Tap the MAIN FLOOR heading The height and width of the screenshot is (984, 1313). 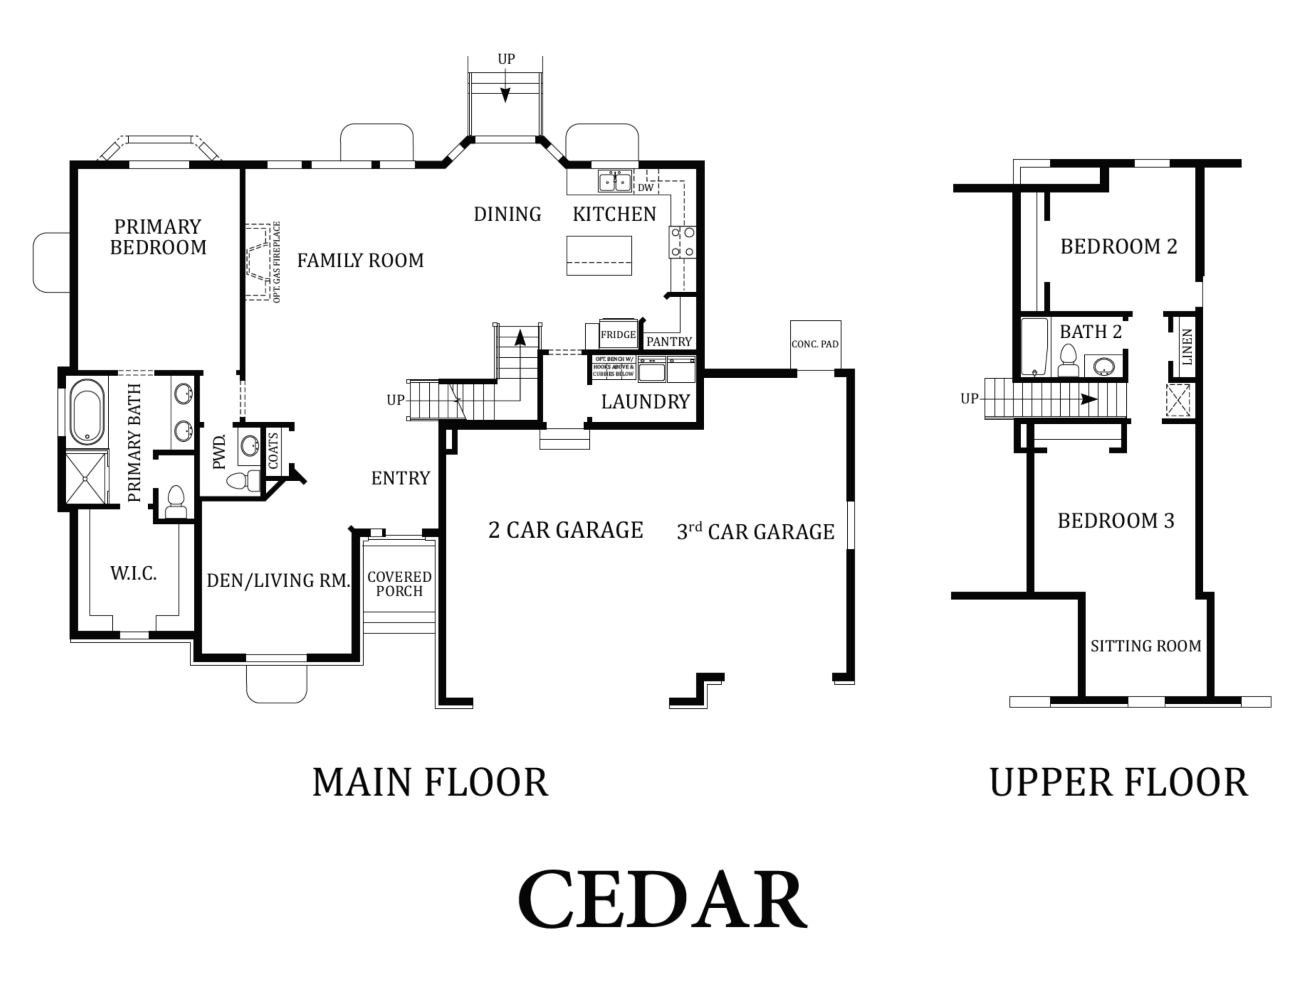pyautogui.click(x=430, y=783)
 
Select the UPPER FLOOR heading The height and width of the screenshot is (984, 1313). pyautogui.click(x=1118, y=783)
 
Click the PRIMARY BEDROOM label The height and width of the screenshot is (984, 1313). pyautogui.click(x=158, y=237)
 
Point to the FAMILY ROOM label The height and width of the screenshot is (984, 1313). pyautogui.click(x=360, y=260)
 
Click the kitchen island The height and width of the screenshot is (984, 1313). pyautogui.click(x=599, y=256)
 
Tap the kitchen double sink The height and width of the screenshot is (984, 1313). pyautogui.click(x=614, y=181)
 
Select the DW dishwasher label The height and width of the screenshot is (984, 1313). pyautogui.click(x=646, y=188)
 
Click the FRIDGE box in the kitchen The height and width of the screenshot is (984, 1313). pyautogui.click(x=618, y=335)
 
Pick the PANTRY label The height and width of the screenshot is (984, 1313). pyautogui.click(x=669, y=342)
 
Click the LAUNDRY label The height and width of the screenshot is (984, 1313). pyautogui.click(x=645, y=402)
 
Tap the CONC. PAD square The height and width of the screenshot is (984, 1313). pyautogui.click(x=815, y=344)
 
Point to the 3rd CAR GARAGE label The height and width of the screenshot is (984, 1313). pyautogui.click(x=755, y=532)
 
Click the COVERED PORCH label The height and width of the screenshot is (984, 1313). pyautogui.click(x=399, y=584)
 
